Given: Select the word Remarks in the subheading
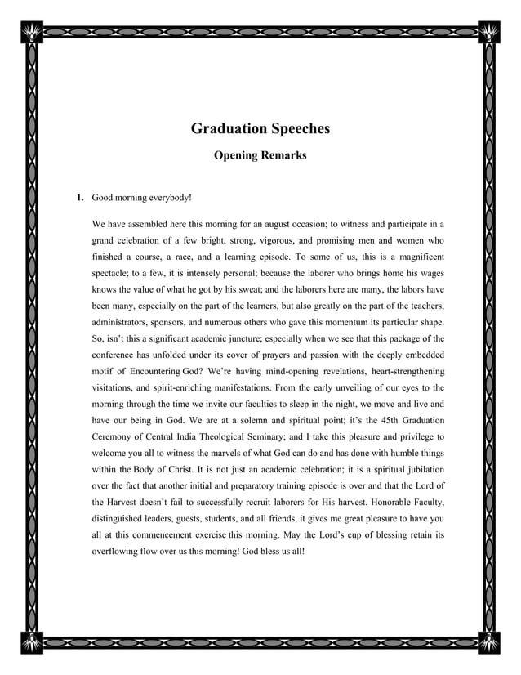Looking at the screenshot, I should (x=282, y=154).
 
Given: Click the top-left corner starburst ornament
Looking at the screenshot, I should (x=33, y=32).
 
